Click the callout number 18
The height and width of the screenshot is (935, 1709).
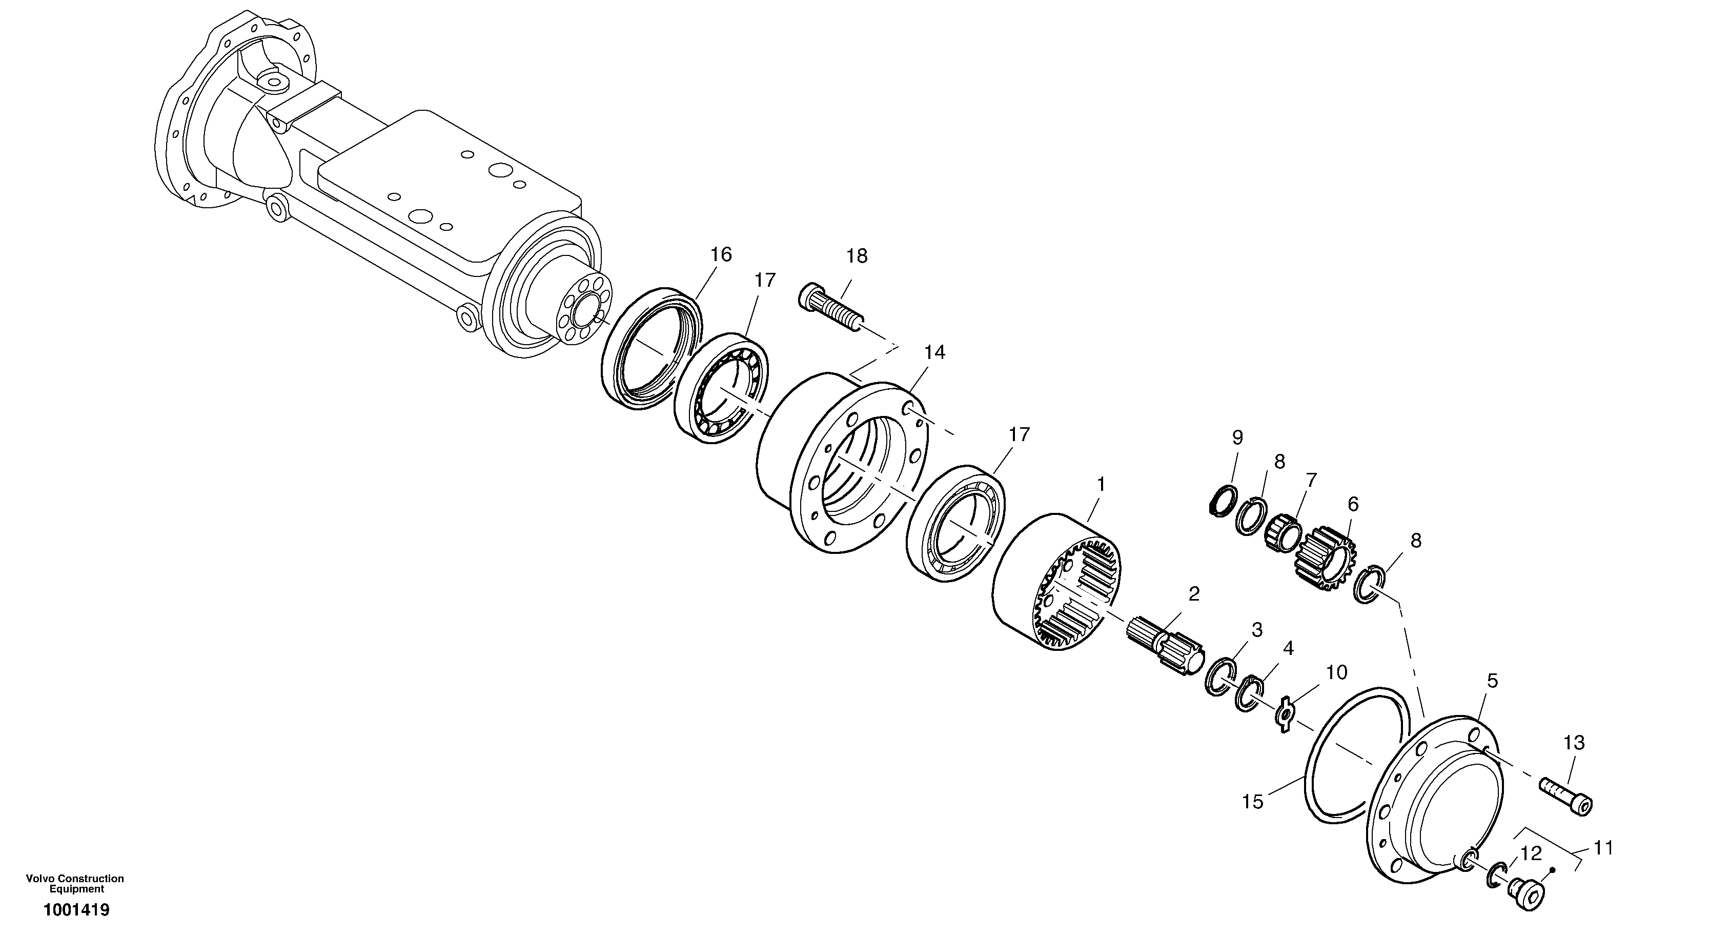[857, 256]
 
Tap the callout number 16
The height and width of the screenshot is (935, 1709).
[721, 255]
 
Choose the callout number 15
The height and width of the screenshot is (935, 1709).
[1253, 802]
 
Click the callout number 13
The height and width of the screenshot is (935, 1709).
[1574, 743]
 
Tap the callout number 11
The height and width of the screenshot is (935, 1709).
[1603, 848]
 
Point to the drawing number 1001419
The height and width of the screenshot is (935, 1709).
[76, 910]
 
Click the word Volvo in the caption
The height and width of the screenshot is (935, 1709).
[39, 879]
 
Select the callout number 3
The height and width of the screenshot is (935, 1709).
[1256, 630]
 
